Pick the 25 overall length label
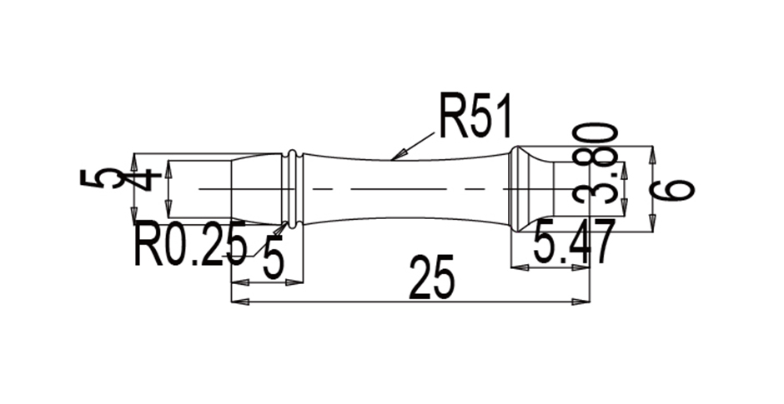[x=433, y=278]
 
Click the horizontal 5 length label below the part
[x=273, y=259]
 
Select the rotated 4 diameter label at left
[x=148, y=178]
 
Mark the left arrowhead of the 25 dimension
[x=237, y=302]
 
